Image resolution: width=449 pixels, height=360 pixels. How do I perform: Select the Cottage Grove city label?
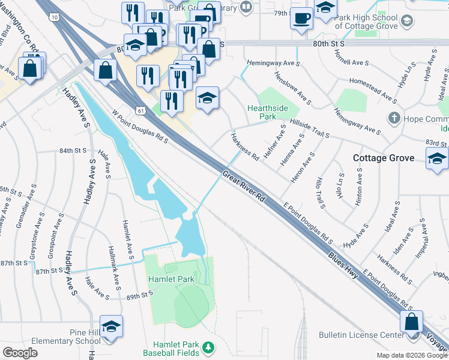click(x=384, y=158)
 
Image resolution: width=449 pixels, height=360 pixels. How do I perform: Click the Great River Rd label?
click(x=244, y=187)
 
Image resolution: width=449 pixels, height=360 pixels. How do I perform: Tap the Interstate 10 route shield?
click(x=55, y=17)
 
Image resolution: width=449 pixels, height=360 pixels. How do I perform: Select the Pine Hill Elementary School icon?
click(x=111, y=326)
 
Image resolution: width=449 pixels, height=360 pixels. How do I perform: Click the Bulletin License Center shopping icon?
click(x=411, y=322)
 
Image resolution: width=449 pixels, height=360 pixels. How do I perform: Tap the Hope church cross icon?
click(x=394, y=117)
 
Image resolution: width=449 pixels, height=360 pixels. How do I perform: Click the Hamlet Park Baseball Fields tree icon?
click(x=208, y=347)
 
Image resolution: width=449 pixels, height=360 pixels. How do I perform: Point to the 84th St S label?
click(x=73, y=151)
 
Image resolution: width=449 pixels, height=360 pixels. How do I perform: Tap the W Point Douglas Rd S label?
click(x=139, y=125)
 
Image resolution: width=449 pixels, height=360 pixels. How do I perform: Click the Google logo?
click(x=20, y=353)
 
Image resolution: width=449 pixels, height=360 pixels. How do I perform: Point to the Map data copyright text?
click(x=411, y=355)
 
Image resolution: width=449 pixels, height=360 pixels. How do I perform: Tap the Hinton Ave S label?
click(x=358, y=187)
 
